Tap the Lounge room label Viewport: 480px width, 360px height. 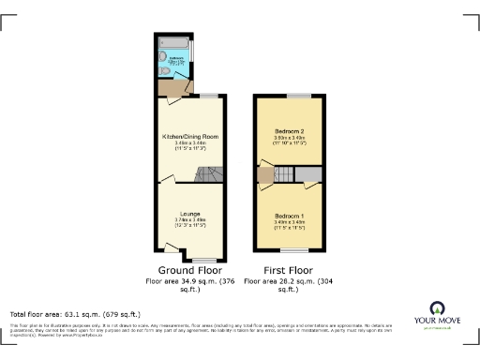point(190,214)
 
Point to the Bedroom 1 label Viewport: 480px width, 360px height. point(291,217)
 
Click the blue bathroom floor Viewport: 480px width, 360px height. point(176,67)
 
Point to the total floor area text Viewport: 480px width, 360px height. point(75,313)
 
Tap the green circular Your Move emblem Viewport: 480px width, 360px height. point(437,307)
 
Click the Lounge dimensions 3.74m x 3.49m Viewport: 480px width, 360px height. point(190,220)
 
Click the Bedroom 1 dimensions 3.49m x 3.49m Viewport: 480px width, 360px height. point(291,223)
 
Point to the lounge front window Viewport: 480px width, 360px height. point(201,259)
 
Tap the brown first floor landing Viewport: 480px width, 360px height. point(264,175)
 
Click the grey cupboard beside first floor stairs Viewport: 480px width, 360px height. point(308,174)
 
